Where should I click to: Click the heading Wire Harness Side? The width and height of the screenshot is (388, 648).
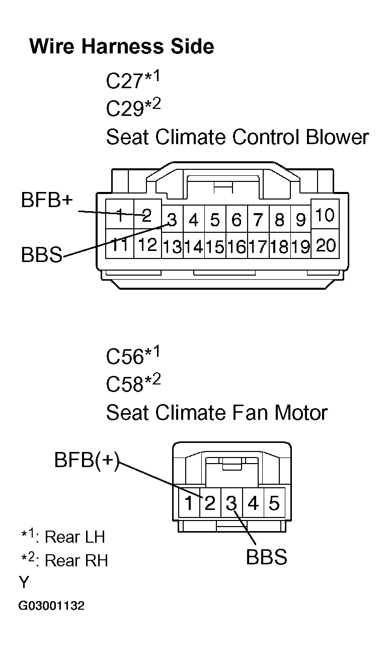pyautogui.click(x=121, y=46)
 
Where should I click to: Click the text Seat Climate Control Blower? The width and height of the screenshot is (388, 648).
pyautogui.click(x=237, y=137)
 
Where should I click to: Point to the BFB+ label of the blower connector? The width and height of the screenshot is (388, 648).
pyautogui.click(x=47, y=200)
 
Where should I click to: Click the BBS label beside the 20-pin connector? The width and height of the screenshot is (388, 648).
pyautogui.click(x=41, y=255)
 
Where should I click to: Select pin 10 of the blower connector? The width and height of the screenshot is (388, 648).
pyautogui.click(x=326, y=216)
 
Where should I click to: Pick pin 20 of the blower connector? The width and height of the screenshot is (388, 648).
pyautogui.click(x=326, y=245)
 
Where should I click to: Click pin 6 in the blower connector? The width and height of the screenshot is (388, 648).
pyautogui.click(x=236, y=220)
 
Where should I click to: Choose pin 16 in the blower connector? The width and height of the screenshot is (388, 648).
pyautogui.click(x=236, y=247)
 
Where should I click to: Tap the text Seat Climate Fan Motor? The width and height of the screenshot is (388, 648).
pyautogui.click(x=216, y=413)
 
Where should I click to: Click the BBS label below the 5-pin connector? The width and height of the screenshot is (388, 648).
pyautogui.click(x=266, y=557)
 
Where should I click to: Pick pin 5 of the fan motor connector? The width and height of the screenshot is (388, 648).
pyautogui.click(x=274, y=503)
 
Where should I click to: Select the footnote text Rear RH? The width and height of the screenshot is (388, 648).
pyautogui.click(x=76, y=561)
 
